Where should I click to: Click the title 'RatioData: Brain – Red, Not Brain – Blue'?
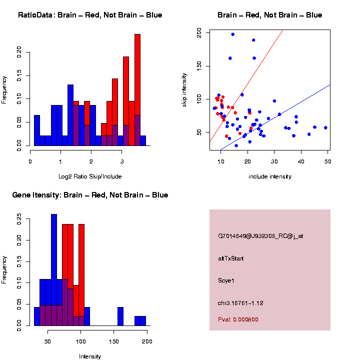click(x=90, y=15)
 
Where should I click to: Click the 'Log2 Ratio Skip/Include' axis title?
click(x=89, y=176)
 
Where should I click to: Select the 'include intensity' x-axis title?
click(x=269, y=176)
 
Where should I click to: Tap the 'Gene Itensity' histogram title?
click(x=90, y=195)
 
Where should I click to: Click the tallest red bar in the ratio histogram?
click(x=137, y=75)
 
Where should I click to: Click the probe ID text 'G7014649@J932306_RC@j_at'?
click(x=260, y=236)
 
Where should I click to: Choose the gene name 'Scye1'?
click(x=226, y=280)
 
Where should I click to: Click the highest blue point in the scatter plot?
click(x=233, y=34)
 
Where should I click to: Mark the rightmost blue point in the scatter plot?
click(x=325, y=127)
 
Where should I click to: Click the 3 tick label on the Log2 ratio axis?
click(x=122, y=161)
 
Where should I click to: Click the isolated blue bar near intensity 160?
click(x=120, y=316)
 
